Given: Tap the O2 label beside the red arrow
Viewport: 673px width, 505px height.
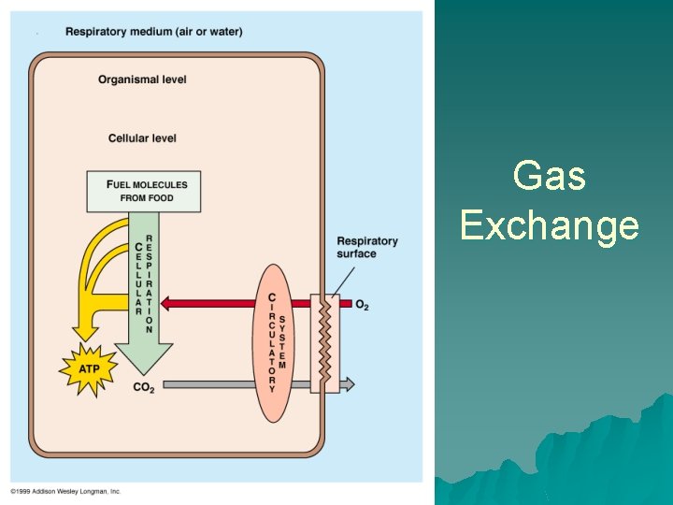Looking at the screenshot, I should click(362, 304).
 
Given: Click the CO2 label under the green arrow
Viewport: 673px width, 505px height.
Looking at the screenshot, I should click(143, 387).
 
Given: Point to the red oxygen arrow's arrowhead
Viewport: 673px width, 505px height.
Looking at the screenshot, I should click(167, 303).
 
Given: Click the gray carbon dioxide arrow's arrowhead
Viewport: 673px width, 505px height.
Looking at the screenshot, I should click(348, 383).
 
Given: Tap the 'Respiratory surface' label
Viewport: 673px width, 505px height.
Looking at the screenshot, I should click(366, 247).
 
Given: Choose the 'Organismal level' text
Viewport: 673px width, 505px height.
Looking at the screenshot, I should click(142, 79).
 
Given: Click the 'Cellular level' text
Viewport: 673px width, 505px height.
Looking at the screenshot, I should click(142, 138).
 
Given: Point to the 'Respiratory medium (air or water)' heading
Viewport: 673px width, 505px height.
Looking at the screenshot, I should click(153, 32).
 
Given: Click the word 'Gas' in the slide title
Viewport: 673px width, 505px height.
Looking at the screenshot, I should click(550, 176).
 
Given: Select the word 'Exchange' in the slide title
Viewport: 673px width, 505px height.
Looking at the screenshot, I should click(550, 226).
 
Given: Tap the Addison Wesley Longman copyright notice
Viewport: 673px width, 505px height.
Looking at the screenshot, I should click(65, 491).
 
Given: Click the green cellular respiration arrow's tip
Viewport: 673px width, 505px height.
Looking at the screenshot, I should click(144, 367).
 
